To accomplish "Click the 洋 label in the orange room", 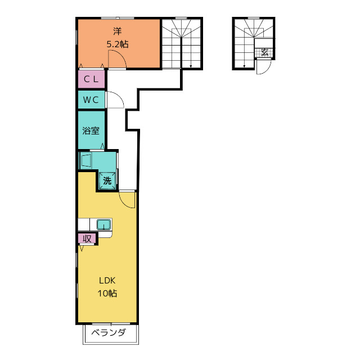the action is [x=118, y=31].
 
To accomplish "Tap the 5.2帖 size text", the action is [x=118, y=44].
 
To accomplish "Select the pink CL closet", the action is [x=91, y=79].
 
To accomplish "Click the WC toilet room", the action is [x=91, y=100].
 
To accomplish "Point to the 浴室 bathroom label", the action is [x=91, y=130].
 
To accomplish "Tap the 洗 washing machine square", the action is [x=107, y=181].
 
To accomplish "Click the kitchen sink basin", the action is [x=103, y=224].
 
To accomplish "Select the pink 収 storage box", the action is [x=87, y=238].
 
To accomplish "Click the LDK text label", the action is [x=107, y=280].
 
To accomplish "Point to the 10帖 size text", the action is [x=107, y=293].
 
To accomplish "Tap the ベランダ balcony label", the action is [x=109, y=332].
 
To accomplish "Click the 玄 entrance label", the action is [x=264, y=52].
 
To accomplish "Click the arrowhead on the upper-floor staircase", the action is [x=191, y=66].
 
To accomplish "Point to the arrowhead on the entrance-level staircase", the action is [x=244, y=66].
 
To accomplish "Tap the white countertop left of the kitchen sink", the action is [x=84, y=224].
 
